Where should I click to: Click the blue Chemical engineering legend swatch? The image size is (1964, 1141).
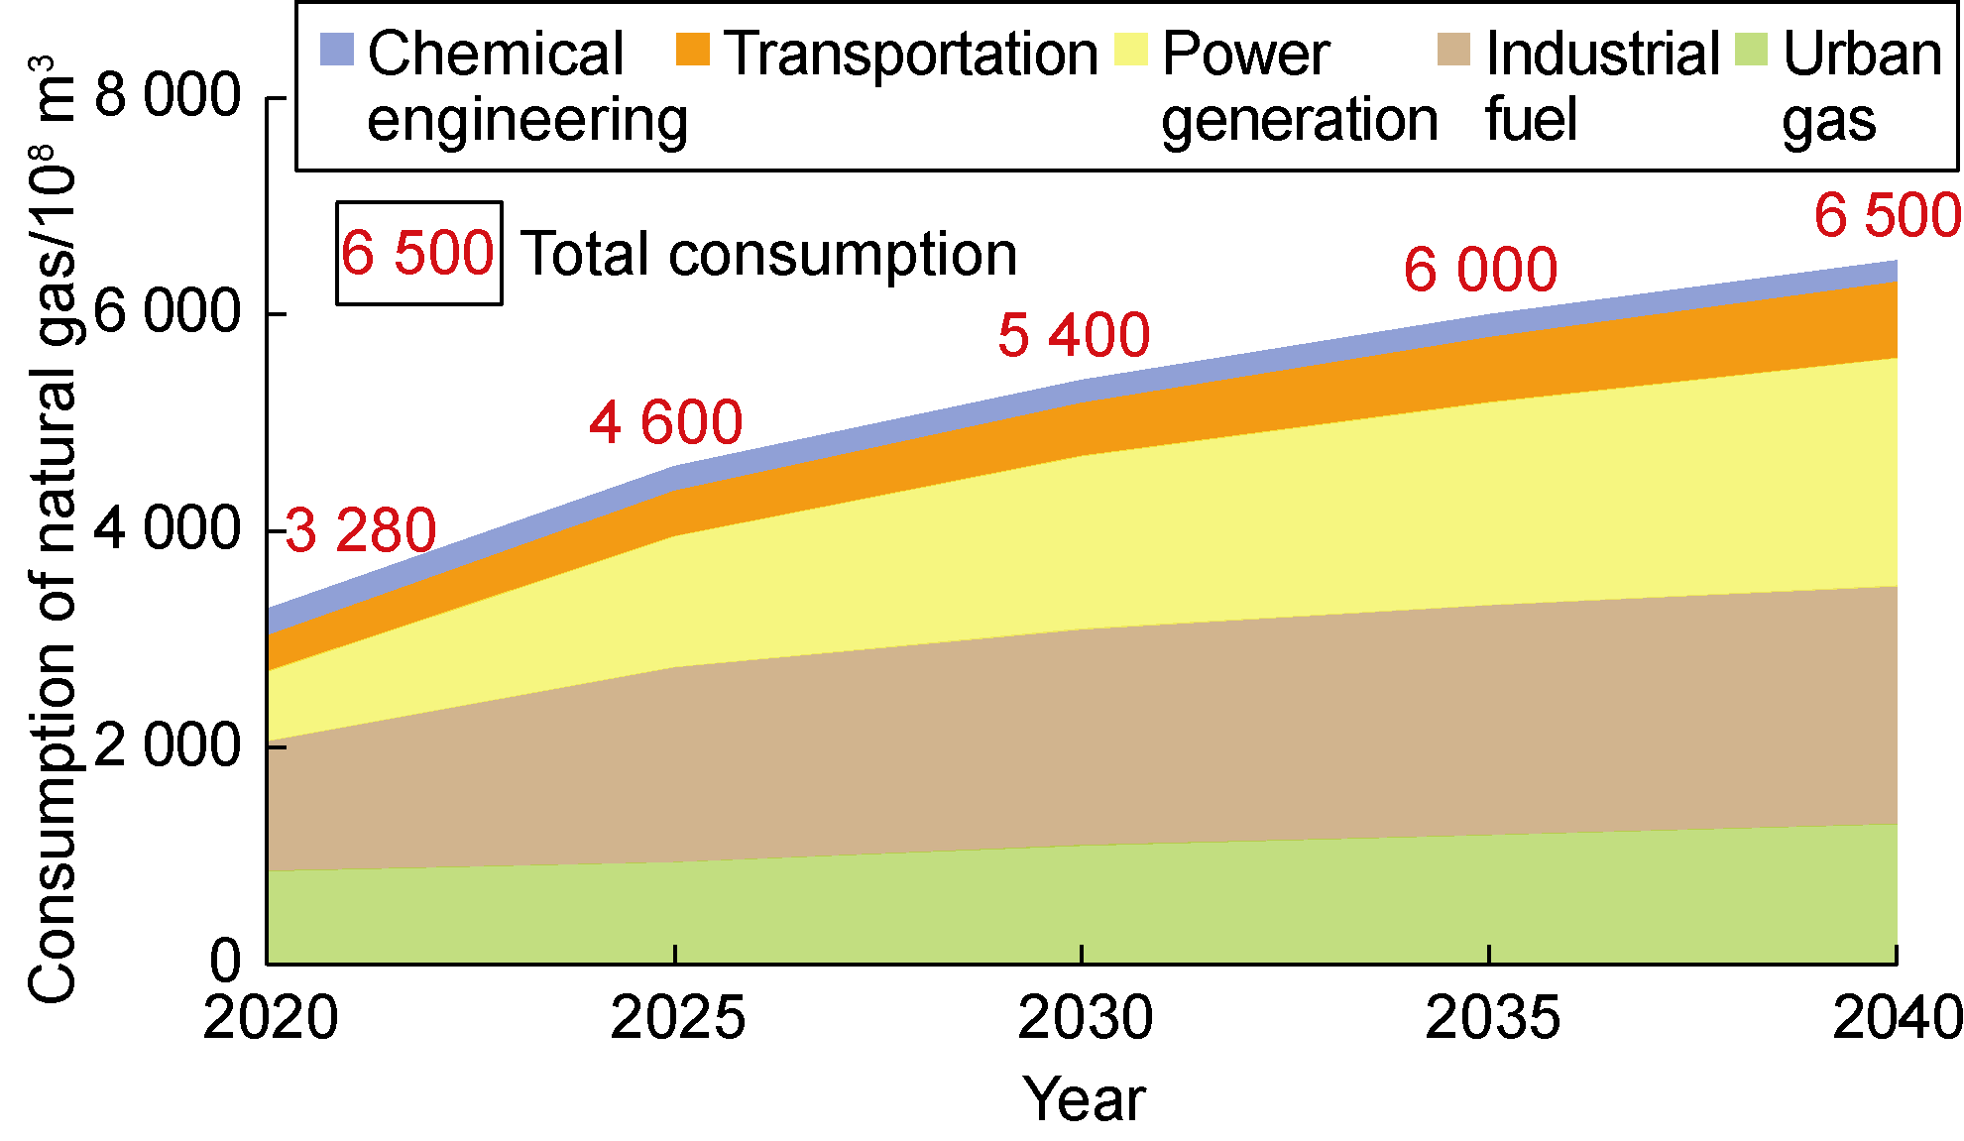click(337, 51)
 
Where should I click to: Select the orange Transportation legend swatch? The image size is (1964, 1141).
click(693, 51)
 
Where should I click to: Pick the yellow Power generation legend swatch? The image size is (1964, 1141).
click(1131, 51)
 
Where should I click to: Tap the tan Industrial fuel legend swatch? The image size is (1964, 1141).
click(1453, 51)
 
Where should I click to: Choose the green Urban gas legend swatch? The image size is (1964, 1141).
click(1752, 51)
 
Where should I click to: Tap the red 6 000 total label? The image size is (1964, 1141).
click(1480, 270)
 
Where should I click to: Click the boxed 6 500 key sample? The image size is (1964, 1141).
click(418, 253)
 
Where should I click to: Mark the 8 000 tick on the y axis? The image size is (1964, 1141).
click(168, 96)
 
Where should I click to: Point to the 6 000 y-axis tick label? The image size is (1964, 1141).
click(168, 312)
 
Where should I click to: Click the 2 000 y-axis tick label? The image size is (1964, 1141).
click(168, 745)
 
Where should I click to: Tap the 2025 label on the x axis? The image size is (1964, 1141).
click(677, 1018)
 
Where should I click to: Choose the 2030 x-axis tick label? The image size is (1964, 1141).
click(1085, 1018)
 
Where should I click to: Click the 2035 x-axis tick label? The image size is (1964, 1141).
click(1492, 1018)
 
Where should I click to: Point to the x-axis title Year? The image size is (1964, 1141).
click(1085, 1098)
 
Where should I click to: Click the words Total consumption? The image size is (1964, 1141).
click(769, 255)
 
